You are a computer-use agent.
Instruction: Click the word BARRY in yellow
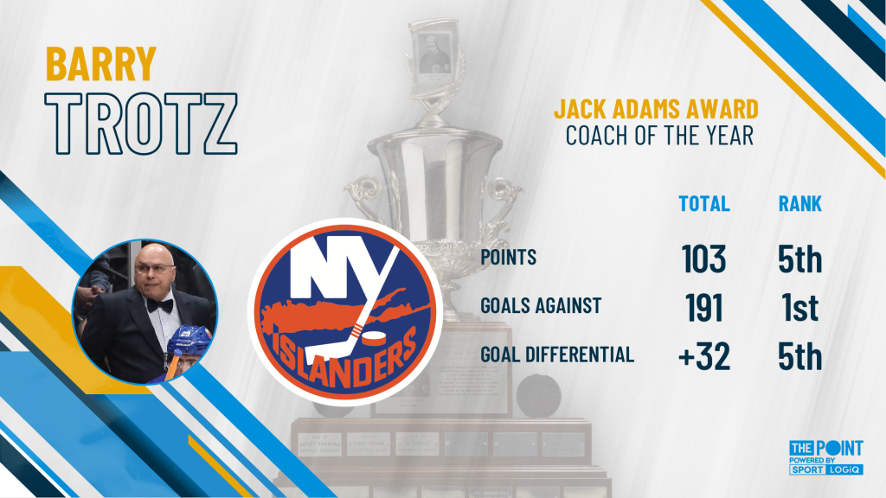pos(100,64)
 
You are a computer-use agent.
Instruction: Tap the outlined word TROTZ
pos(141,124)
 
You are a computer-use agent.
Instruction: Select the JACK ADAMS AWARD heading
pos(656,109)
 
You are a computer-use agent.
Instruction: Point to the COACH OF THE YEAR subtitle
pos(659,136)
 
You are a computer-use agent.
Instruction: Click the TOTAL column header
pos(704,203)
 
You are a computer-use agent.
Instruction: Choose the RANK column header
pos(800,203)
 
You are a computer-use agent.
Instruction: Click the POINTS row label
pos(509,258)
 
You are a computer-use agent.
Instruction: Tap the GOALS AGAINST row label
pos(542,306)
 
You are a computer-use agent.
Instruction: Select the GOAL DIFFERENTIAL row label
pos(557,354)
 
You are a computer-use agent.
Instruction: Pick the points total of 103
pos(704,259)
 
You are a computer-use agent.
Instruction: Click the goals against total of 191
pos(704,308)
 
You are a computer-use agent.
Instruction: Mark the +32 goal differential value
pos(704,356)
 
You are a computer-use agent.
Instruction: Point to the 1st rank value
pos(800,308)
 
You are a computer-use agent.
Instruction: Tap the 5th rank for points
pos(800,259)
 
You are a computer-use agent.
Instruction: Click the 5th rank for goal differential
pos(800,356)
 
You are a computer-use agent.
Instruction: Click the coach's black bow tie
pos(159,305)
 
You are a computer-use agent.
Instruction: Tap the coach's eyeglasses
pos(152,270)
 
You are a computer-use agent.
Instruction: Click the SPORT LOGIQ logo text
pos(825,469)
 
